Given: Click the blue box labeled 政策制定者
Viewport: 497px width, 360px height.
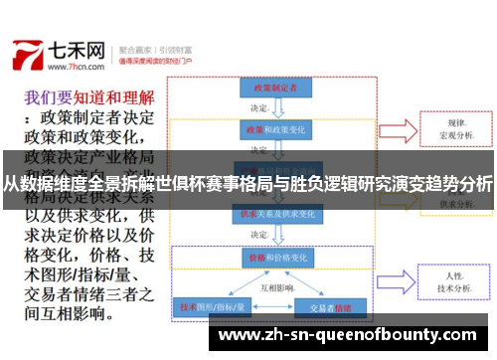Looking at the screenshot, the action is (269, 88).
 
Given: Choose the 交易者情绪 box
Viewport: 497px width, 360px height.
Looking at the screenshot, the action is (331, 307).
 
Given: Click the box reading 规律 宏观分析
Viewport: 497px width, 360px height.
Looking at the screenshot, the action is (458, 129).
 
